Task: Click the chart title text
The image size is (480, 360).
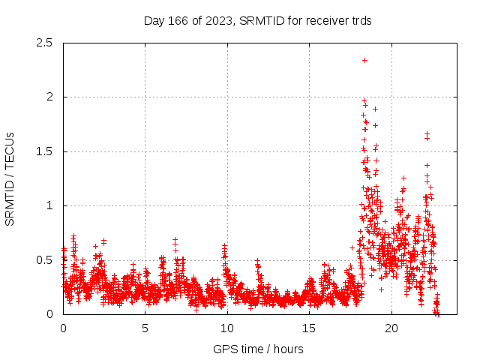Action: (x=258, y=20)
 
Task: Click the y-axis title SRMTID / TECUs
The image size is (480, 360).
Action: (x=10, y=178)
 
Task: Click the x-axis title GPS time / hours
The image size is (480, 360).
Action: (x=258, y=349)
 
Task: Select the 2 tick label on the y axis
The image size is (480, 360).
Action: (x=49, y=97)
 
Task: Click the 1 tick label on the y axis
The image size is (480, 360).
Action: (x=49, y=205)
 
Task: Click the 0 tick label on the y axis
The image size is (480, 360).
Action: (x=49, y=314)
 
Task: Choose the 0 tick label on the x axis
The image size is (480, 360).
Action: (x=63, y=328)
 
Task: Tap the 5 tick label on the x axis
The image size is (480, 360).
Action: (x=145, y=328)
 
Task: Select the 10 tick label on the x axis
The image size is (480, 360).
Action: (x=227, y=328)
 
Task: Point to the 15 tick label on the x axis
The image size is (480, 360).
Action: (x=309, y=328)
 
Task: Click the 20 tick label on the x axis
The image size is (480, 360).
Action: (x=391, y=328)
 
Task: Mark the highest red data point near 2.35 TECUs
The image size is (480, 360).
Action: (x=364, y=60)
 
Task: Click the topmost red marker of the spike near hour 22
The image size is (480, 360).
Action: (x=427, y=133)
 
